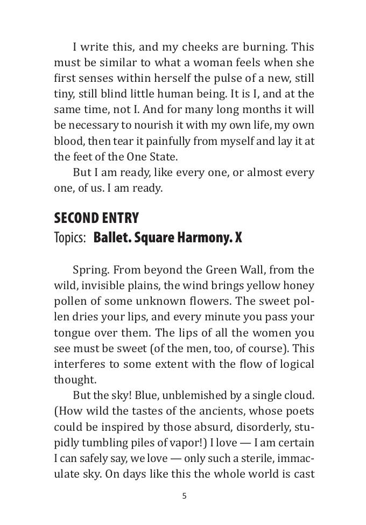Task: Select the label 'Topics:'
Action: [70, 238]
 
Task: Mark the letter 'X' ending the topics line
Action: [238, 238]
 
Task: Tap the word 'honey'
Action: [299, 285]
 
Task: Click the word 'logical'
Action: [295, 364]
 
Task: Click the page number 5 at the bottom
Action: [184, 496]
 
